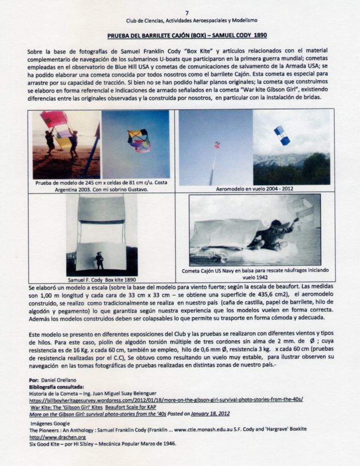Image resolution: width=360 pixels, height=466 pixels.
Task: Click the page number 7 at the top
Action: [187, 13]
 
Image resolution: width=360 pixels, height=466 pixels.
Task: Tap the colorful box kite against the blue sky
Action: [139, 140]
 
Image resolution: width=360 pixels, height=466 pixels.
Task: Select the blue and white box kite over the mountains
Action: [282, 135]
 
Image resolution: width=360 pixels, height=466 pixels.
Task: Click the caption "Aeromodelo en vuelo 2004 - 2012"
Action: [254, 189]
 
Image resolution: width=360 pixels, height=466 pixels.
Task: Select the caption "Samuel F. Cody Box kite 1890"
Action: [102, 280]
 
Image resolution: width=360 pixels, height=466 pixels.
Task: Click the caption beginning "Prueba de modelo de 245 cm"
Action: [102, 186]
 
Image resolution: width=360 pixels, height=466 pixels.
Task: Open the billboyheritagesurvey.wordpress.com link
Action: [166, 400]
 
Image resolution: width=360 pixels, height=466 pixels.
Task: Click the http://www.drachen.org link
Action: [50, 437]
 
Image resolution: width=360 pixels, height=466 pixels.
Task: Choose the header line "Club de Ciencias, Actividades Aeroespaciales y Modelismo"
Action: [192, 21]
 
